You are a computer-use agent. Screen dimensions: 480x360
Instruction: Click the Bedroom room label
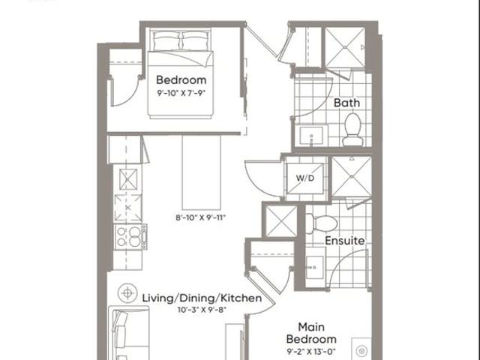point(181,80)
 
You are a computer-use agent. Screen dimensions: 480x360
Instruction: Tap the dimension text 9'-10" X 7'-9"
point(181,93)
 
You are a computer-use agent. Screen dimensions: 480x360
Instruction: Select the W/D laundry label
point(305,178)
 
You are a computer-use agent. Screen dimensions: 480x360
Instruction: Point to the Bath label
point(346,103)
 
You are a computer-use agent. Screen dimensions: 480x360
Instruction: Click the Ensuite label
point(345,241)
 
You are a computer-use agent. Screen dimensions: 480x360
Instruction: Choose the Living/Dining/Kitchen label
point(202,298)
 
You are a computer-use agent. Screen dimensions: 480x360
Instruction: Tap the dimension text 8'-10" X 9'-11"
point(200,217)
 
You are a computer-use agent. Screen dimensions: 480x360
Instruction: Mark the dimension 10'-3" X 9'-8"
point(202,310)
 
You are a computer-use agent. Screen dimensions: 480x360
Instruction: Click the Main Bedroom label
point(311,333)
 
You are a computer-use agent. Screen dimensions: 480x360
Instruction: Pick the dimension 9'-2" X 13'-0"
point(311,351)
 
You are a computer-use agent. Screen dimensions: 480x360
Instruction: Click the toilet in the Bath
point(352,130)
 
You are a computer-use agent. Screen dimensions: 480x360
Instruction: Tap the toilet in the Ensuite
point(322,223)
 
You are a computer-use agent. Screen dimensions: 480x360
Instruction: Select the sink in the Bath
point(311,135)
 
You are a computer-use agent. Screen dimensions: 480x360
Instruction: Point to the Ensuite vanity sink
point(315,267)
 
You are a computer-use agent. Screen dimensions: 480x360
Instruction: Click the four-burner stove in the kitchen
point(130,237)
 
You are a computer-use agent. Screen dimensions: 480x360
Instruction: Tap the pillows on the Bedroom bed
point(181,40)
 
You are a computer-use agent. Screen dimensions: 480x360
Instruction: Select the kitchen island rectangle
point(202,172)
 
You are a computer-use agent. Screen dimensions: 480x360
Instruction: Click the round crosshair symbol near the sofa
point(127,293)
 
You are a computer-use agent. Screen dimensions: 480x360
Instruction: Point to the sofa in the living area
point(129,333)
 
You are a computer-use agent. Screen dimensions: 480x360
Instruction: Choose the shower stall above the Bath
point(345,47)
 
